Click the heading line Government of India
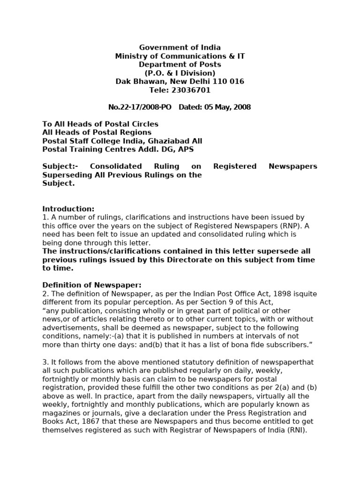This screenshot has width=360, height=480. coord(180,47)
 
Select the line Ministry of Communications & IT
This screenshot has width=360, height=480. coord(180,56)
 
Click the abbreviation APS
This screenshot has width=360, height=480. coord(184,150)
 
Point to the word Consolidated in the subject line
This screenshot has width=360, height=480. coord(116,166)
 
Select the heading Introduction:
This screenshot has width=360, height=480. coord(68,209)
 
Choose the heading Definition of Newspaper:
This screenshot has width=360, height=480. coord(92,285)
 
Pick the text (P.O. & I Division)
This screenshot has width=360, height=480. coord(180,73)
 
